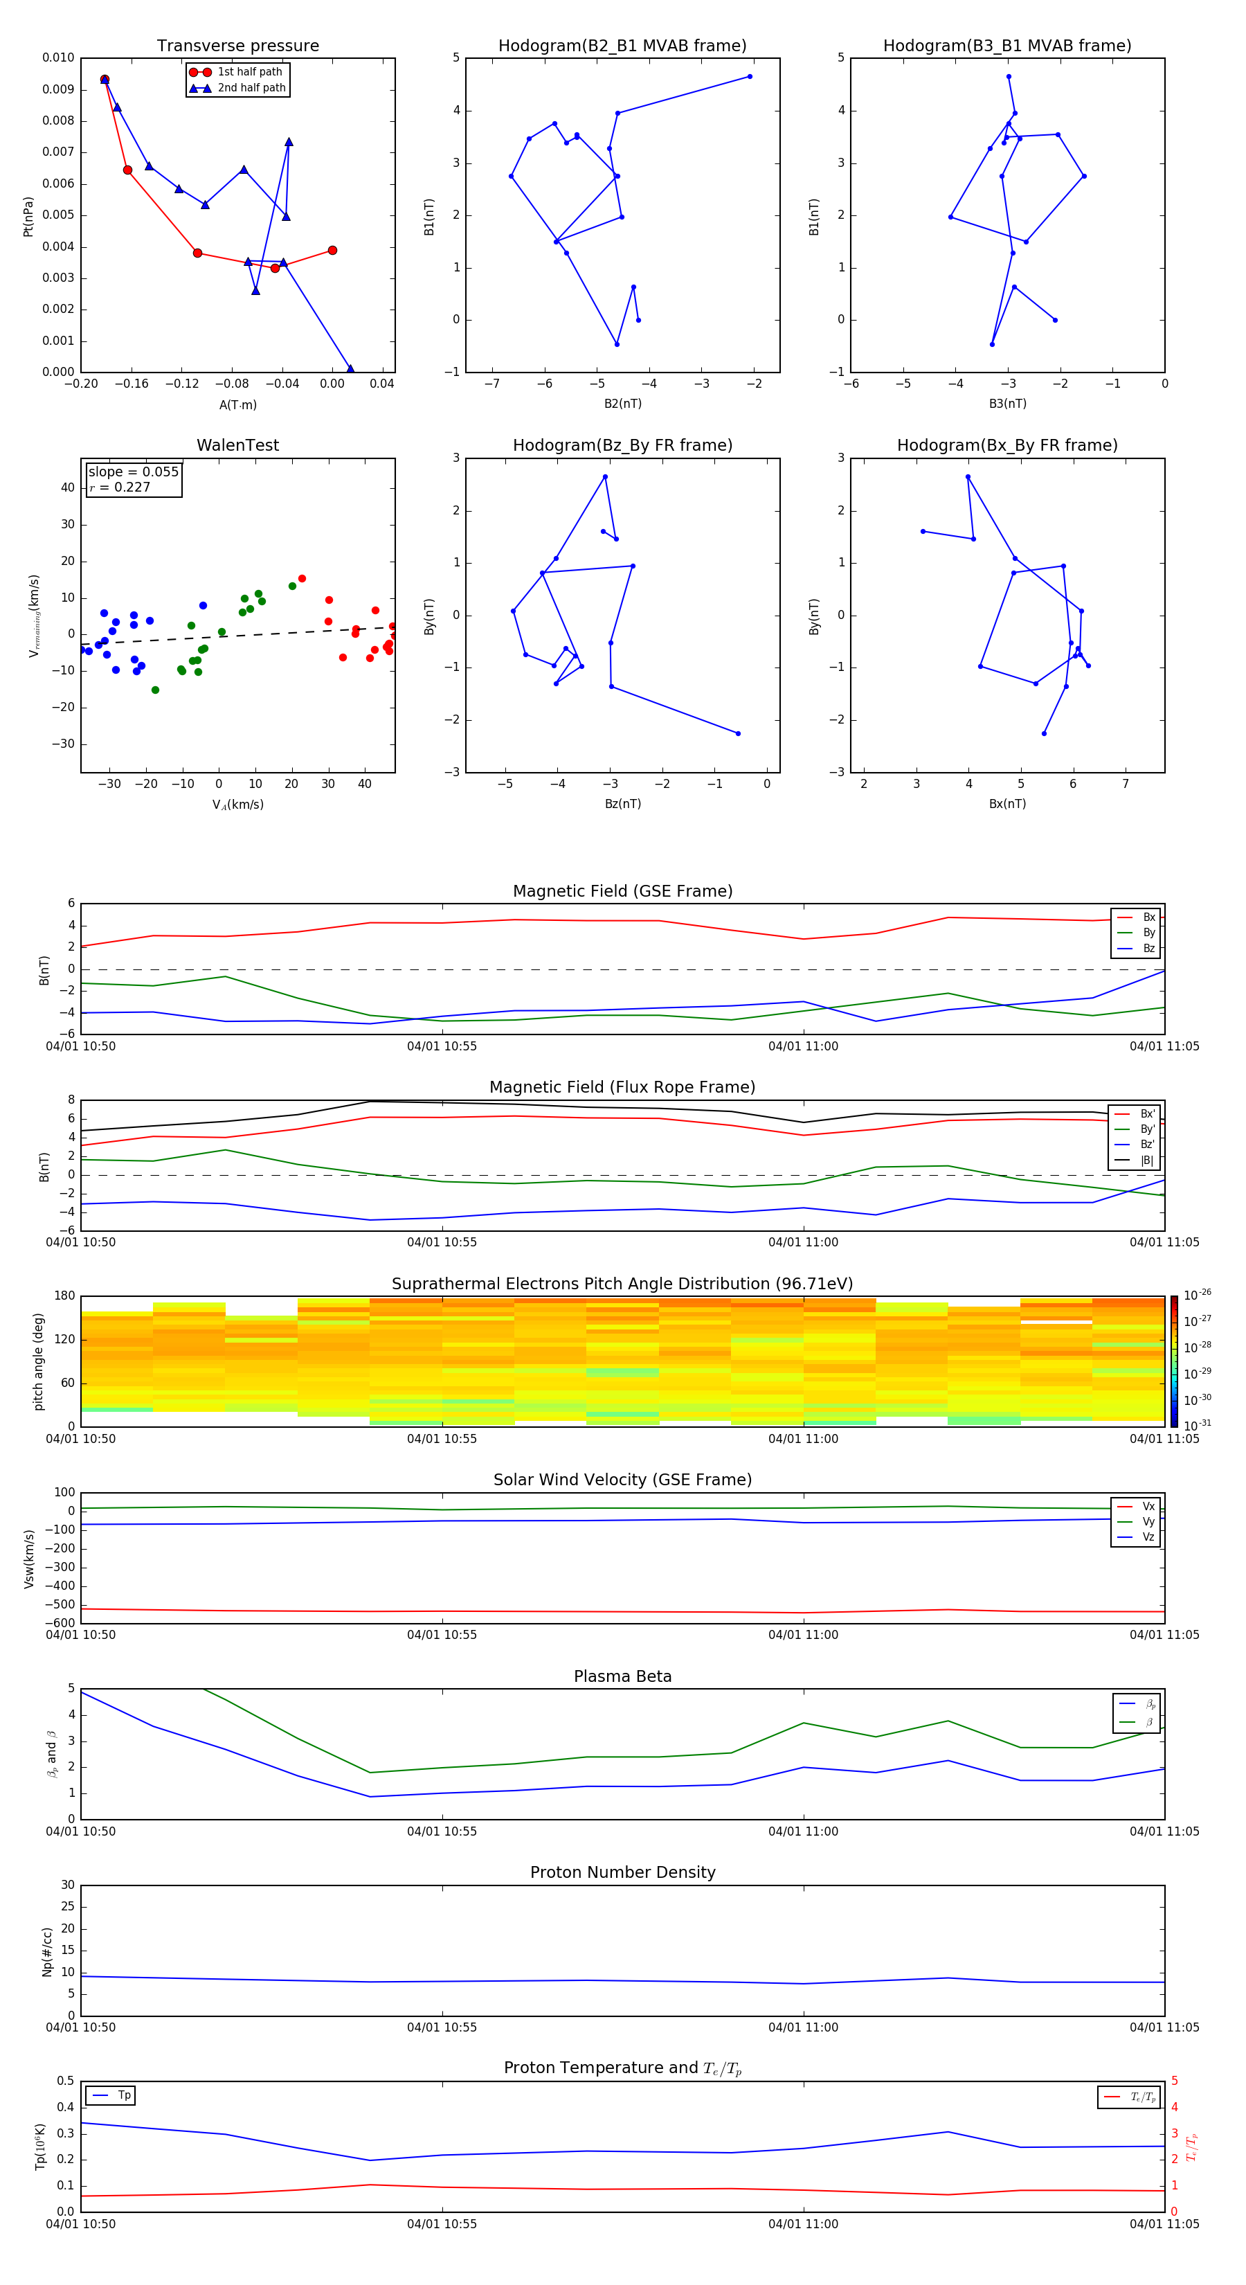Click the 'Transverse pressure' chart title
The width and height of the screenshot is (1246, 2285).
click(237, 46)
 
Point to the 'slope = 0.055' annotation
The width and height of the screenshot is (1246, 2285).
click(133, 472)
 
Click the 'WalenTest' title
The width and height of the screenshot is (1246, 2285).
click(237, 445)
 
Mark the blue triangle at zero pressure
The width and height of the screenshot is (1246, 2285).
click(350, 369)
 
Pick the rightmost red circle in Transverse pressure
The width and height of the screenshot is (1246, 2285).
click(332, 250)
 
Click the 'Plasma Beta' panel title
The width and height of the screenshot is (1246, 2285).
click(622, 1676)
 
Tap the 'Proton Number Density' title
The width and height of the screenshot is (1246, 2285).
click(622, 1872)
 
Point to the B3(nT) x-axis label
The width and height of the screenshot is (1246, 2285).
click(1007, 404)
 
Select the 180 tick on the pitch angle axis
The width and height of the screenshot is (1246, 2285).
click(65, 1296)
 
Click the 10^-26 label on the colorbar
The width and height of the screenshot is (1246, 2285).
click(1198, 1295)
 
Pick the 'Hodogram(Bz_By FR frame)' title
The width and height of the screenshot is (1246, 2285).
click(622, 445)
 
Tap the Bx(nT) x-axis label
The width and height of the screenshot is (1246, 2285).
click(1007, 804)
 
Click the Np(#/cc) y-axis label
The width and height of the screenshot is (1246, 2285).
click(48, 1951)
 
